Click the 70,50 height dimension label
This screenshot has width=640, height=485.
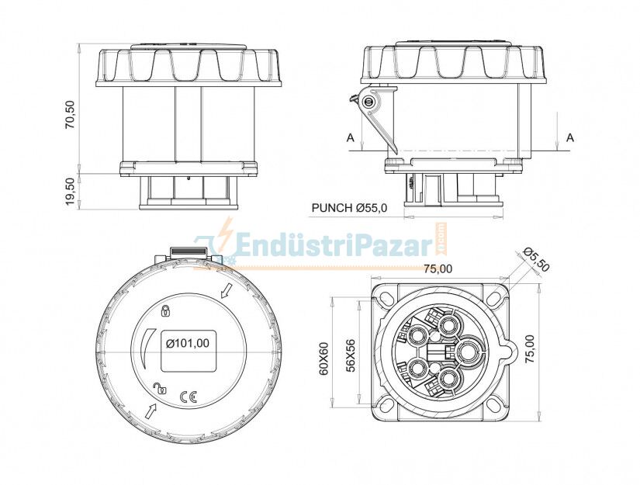[71, 114]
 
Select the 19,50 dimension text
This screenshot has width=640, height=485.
[71, 191]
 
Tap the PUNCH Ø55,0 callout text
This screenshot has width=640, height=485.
[349, 208]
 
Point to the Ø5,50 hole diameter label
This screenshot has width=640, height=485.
[536, 259]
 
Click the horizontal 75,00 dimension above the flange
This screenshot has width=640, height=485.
[438, 269]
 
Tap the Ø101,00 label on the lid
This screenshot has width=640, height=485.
[189, 342]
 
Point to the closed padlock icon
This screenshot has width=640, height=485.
[164, 311]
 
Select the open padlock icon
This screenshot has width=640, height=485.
[160, 389]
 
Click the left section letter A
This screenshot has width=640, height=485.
[350, 137]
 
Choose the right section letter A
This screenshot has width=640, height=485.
[570, 137]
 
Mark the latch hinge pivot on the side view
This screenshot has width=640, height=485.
[369, 102]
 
